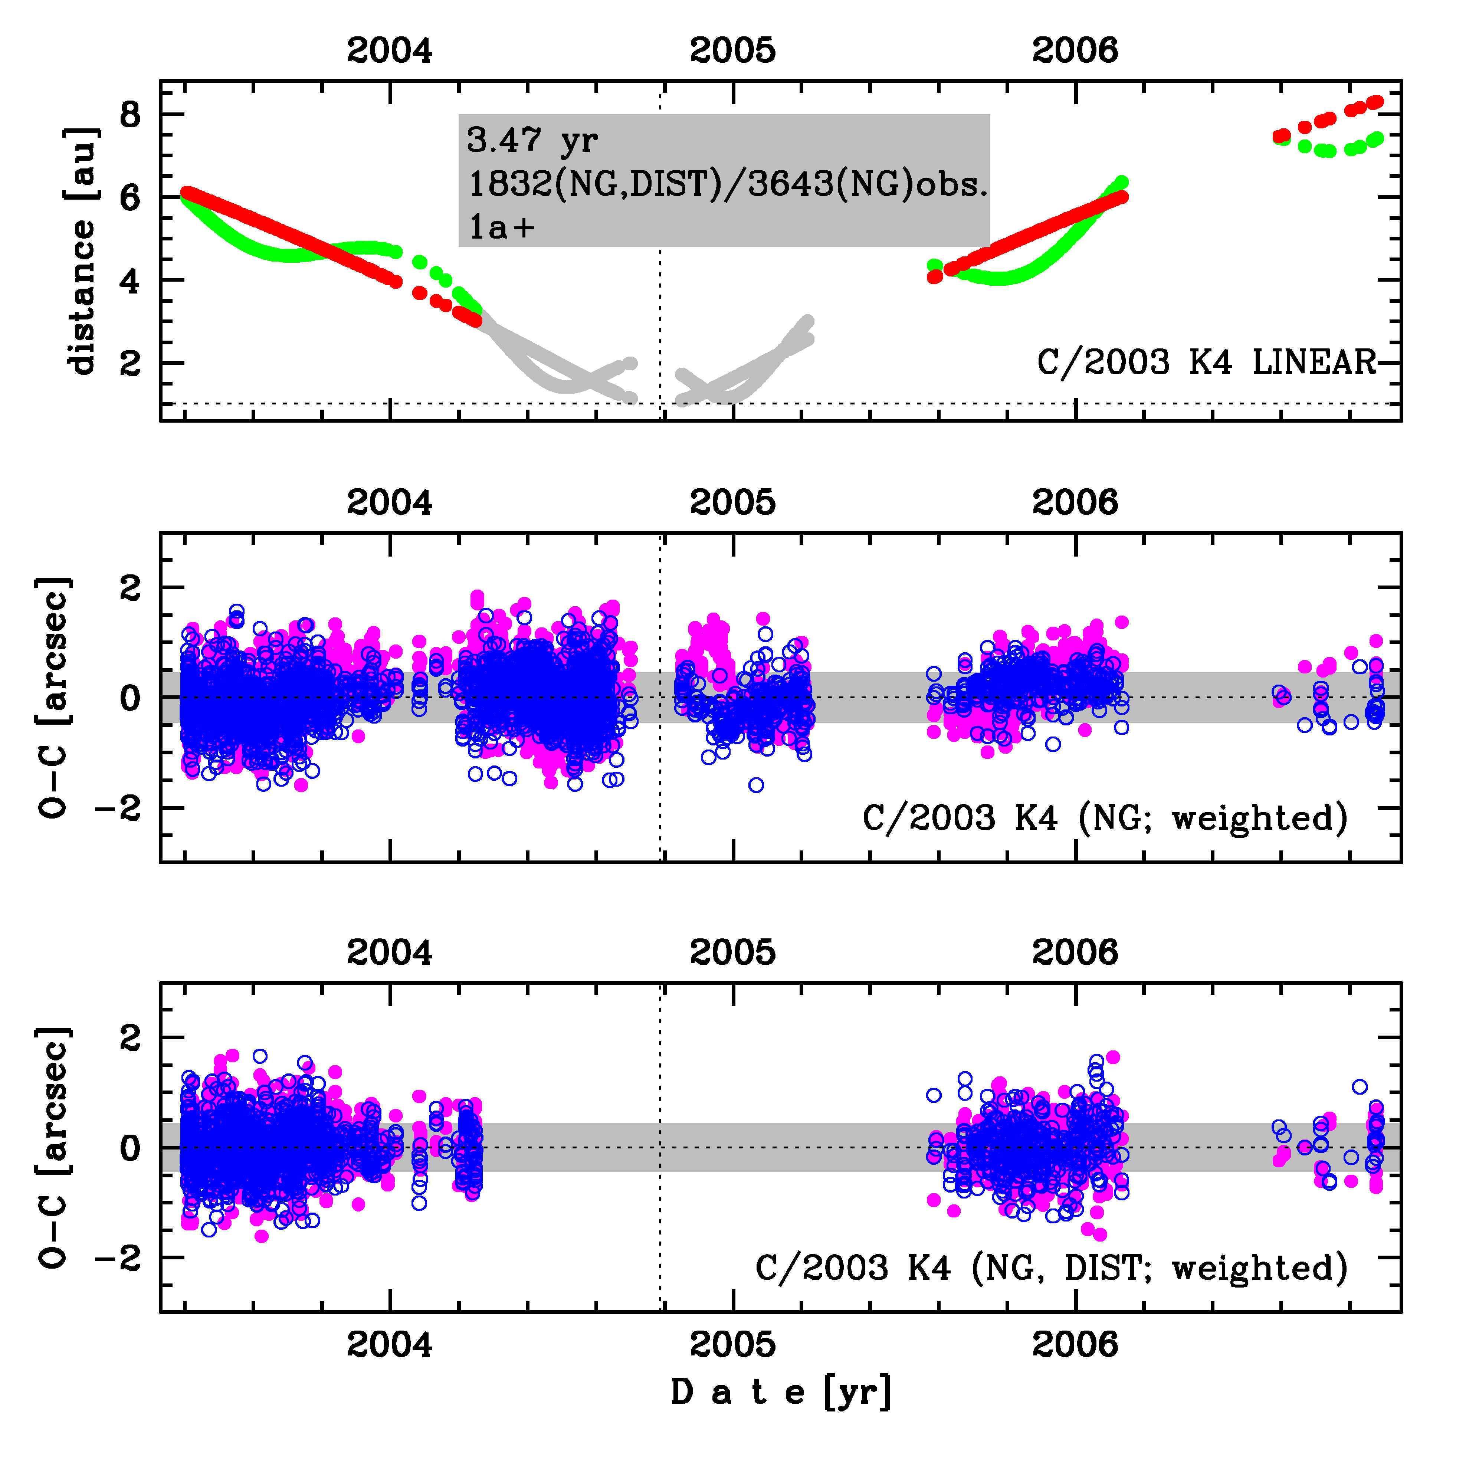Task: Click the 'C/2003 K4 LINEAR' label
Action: [x=1207, y=362]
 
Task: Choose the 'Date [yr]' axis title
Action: [x=781, y=1392]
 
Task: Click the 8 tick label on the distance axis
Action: [x=130, y=116]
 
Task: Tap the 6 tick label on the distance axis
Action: [x=130, y=198]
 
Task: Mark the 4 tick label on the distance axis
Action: [x=130, y=281]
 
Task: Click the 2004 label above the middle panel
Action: [x=390, y=503]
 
